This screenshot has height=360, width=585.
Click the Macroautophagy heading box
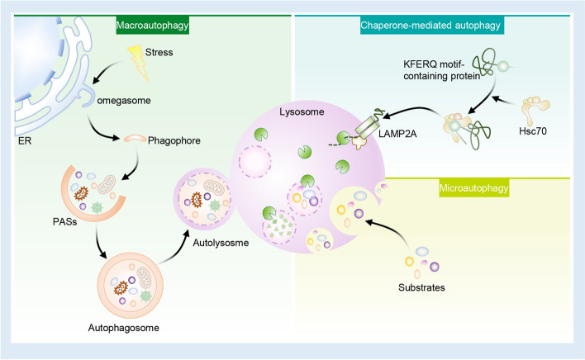click(x=152, y=26)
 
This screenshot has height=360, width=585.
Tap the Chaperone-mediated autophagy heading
click(x=430, y=26)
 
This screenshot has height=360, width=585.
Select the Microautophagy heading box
click(x=473, y=187)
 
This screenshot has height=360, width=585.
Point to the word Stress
click(x=159, y=52)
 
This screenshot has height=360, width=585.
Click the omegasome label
click(x=124, y=100)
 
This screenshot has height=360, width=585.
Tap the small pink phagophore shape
click(x=135, y=139)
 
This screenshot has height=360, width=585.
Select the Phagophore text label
click(x=174, y=140)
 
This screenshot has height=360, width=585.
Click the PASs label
click(x=65, y=222)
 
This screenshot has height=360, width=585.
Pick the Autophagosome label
click(x=123, y=328)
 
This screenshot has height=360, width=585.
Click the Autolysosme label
click(x=221, y=243)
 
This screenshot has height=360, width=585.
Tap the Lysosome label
click(x=302, y=111)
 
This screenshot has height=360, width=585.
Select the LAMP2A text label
click(x=397, y=134)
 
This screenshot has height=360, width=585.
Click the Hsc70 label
click(x=533, y=131)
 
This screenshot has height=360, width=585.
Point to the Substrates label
click(x=421, y=287)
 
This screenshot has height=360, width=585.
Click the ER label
click(x=25, y=141)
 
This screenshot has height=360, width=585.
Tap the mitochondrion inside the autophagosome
click(x=144, y=277)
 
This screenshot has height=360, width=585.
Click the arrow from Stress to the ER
click(x=107, y=71)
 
